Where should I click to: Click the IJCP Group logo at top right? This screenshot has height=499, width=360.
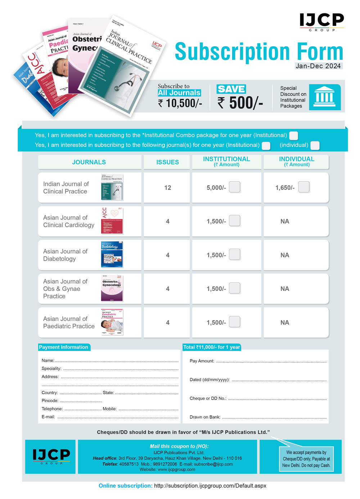(x=322, y=22)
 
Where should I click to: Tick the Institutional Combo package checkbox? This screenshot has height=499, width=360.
(x=294, y=135)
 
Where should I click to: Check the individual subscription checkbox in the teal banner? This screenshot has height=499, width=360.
(x=315, y=145)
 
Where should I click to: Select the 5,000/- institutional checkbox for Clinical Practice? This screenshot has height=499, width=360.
(x=235, y=187)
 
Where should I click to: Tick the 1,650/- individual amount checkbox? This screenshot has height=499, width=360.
(x=304, y=187)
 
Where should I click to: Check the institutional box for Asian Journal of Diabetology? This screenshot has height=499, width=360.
(x=235, y=255)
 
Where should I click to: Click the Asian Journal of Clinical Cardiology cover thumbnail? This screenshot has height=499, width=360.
(x=112, y=221)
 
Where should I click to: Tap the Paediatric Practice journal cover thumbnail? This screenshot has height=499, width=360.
(x=112, y=322)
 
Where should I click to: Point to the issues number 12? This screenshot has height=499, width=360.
(x=168, y=188)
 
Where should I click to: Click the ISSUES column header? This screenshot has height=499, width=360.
(x=167, y=162)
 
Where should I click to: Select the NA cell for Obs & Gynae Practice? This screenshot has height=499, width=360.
(x=285, y=289)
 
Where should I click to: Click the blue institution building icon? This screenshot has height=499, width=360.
(x=325, y=97)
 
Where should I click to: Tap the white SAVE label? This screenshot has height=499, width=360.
(x=231, y=89)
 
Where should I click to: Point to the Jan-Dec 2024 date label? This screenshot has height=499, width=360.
(x=318, y=66)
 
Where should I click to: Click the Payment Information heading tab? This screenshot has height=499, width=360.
(x=64, y=347)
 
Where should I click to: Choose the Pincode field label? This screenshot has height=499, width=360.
(x=50, y=401)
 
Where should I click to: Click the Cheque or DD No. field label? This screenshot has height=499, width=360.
(x=208, y=398)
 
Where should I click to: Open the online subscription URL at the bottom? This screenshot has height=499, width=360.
(x=210, y=486)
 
